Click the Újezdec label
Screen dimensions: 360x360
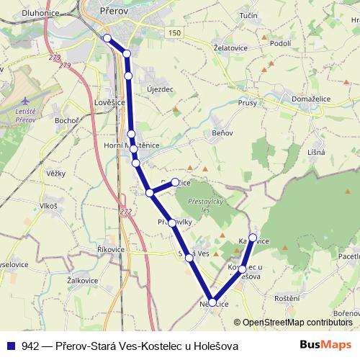coord(160,89)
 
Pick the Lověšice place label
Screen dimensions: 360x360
coord(109,104)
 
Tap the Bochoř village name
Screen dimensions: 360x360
coord(67,120)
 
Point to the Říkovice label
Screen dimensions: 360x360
coord(111,249)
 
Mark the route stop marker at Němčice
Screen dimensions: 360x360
coord(212,303)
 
